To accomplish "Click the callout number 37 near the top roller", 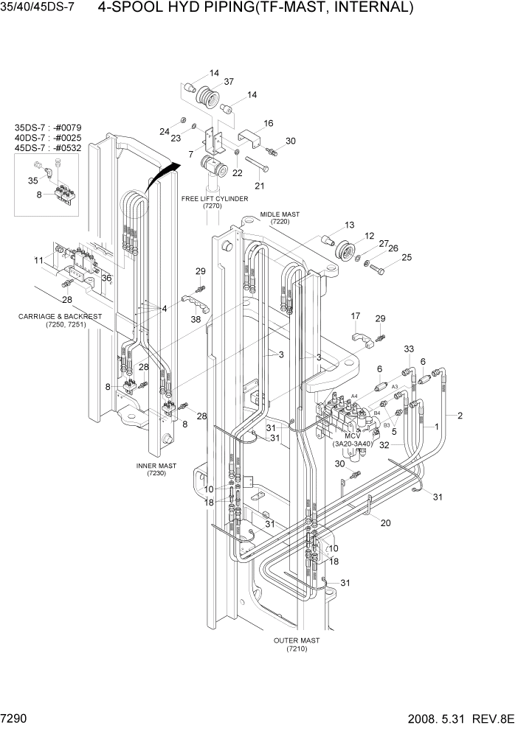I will click(229, 82).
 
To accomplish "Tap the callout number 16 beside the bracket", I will click(268, 123).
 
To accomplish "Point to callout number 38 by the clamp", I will click(195, 320).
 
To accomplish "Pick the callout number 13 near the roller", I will click(350, 225).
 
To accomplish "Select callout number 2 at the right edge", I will click(460, 416).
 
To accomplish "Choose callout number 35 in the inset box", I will click(32, 180).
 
